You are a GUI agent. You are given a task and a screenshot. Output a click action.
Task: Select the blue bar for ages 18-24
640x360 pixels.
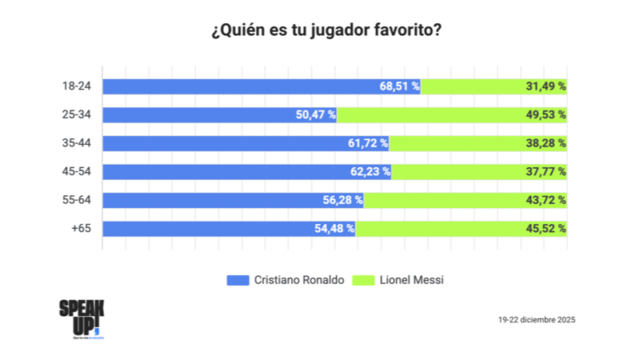click(x=240, y=86)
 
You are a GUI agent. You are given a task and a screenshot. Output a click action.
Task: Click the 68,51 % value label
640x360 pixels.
click(x=399, y=86)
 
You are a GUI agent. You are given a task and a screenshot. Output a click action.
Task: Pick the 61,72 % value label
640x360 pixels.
click(x=367, y=143)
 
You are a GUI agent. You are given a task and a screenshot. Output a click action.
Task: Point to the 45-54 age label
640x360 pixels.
click(x=76, y=171)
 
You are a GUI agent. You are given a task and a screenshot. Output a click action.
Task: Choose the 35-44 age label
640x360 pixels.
click(x=76, y=143)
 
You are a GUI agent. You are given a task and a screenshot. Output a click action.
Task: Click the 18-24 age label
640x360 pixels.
click(x=76, y=86)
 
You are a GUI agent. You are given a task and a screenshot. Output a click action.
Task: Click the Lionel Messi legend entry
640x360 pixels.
click(x=410, y=280)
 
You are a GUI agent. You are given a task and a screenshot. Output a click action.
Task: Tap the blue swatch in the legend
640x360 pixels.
click(x=238, y=280)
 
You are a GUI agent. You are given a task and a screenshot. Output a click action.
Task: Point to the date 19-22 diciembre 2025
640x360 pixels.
click(x=537, y=319)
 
